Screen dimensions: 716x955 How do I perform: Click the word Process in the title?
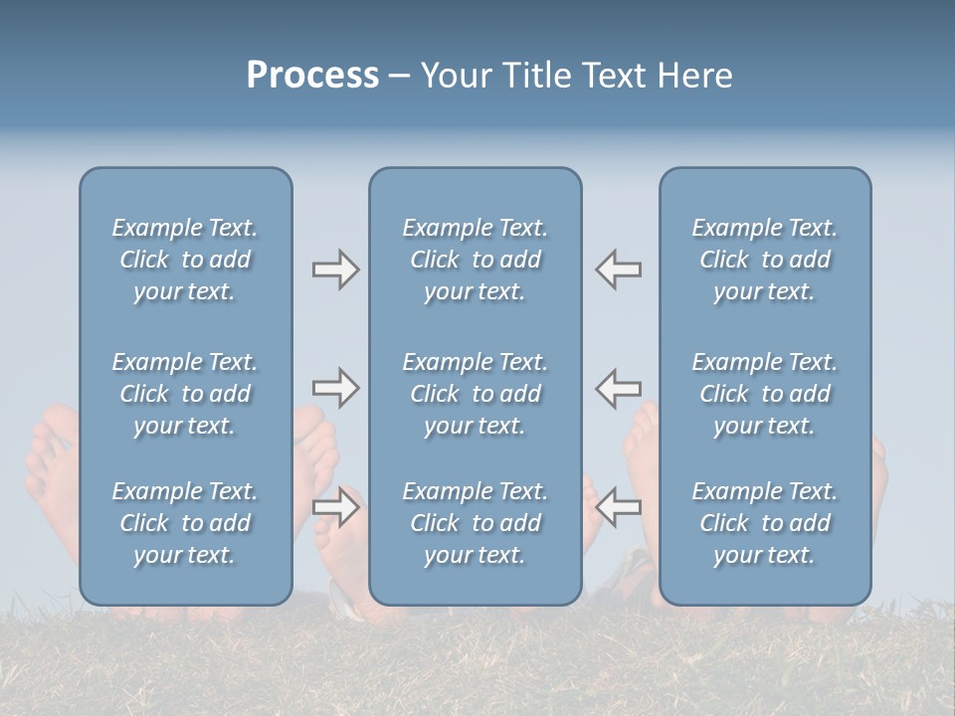(312, 76)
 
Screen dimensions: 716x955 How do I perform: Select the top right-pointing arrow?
(336, 269)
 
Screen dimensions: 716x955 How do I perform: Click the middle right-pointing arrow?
(336, 388)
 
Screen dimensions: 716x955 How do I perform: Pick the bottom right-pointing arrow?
(336, 507)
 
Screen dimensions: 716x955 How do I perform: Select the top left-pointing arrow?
(619, 269)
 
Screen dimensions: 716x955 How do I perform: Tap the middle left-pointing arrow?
(619, 388)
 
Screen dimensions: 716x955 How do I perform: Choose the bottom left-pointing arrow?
(619, 507)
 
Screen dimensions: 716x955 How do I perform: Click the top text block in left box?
(185, 260)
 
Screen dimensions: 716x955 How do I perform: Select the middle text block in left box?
(185, 394)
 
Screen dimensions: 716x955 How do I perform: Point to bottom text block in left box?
(185, 523)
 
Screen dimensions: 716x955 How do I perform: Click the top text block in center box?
(475, 260)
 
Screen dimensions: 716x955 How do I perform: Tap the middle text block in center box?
(475, 394)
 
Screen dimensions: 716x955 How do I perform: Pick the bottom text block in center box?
(475, 523)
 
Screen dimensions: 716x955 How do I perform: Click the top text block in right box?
(764, 260)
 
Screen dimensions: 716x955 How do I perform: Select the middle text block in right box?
(764, 394)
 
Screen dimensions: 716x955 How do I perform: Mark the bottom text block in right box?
(764, 523)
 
